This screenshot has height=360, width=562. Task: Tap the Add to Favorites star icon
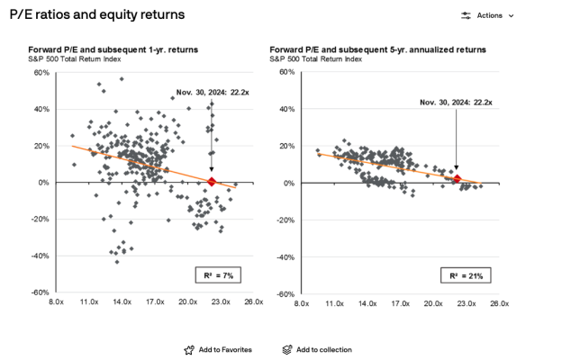(x=189, y=349)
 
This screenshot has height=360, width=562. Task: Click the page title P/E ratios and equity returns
(x=96, y=15)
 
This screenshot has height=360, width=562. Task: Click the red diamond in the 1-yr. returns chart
(x=211, y=182)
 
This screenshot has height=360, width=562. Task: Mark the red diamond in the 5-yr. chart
(x=457, y=179)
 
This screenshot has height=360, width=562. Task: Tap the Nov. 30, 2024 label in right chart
(x=456, y=103)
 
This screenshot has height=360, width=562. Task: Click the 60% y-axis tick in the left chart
(x=41, y=72)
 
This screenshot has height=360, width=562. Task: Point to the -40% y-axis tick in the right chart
(x=287, y=256)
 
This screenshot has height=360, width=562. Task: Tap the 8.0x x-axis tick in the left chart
(x=57, y=303)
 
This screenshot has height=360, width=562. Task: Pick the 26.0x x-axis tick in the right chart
(x=499, y=304)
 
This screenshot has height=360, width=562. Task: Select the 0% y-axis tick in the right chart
(x=291, y=183)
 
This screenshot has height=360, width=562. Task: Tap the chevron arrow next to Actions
(x=512, y=15)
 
